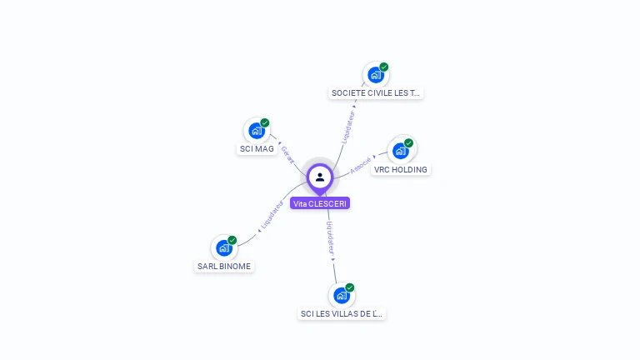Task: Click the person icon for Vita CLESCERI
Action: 320,177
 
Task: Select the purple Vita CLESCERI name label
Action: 320,203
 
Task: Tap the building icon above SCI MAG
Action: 257,131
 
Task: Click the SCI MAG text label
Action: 257,149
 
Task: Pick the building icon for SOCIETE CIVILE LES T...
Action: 376,75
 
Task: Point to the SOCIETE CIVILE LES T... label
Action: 376,93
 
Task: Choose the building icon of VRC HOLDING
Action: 401,151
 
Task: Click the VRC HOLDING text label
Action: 401,169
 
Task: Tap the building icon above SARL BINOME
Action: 224,247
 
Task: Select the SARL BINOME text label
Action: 224,267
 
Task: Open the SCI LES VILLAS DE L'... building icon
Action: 342,295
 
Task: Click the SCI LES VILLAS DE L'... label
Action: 342,314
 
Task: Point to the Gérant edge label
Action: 287,154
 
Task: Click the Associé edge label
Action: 361,165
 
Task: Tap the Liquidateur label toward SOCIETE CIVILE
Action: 349,124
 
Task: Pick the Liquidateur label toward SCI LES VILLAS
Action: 331,237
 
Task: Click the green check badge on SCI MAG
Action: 265,123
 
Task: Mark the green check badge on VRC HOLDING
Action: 408,142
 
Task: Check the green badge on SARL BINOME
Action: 232,240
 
